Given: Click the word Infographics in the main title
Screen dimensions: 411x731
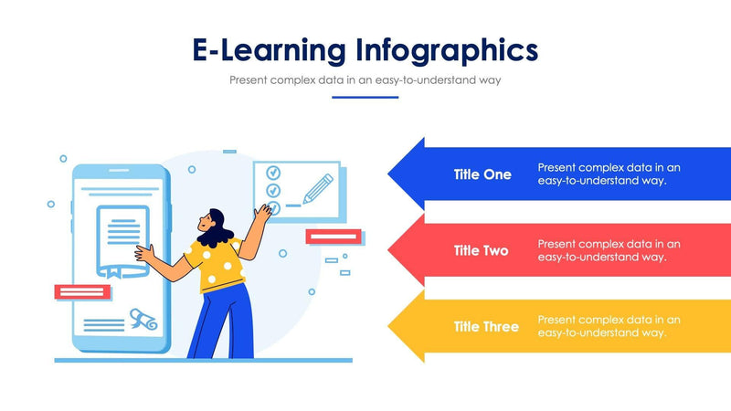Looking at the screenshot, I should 447,49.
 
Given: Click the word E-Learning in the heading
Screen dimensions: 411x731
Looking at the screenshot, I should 270,48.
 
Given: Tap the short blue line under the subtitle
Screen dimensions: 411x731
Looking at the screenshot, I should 365,97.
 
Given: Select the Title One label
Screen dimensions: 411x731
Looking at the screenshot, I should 482,174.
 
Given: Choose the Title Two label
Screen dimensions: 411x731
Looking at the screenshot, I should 482,250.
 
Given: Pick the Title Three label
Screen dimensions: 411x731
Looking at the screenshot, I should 486,326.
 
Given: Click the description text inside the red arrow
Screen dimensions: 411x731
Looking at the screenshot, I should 609,250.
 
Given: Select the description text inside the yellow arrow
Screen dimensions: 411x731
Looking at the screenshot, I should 609,326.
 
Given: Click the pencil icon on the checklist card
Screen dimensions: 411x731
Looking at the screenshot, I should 316,186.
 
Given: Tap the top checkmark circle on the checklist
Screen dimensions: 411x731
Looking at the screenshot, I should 272,172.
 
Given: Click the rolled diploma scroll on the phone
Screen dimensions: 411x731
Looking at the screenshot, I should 142,317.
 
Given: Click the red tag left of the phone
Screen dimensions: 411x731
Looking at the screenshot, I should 83,292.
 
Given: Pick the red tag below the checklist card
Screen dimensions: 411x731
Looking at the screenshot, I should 334,237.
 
